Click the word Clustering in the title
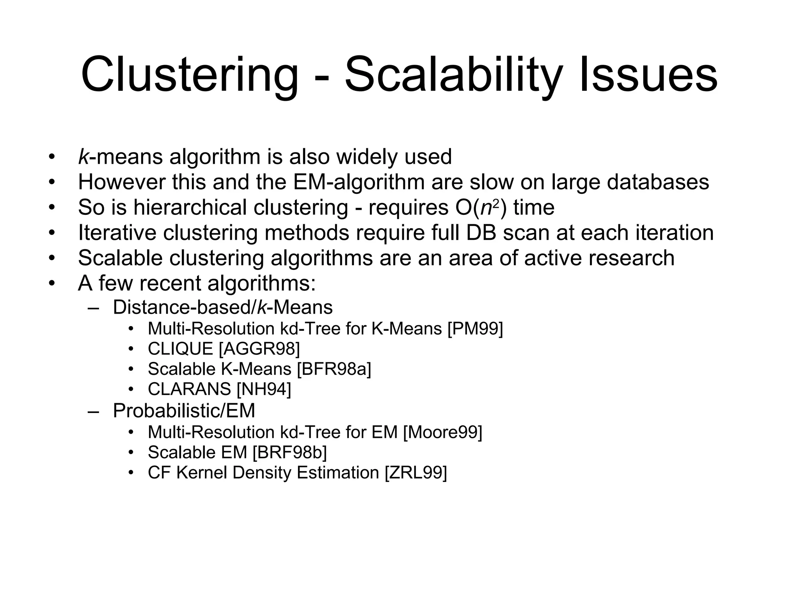pyautogui.click(x=190, y=75)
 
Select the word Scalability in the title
pyautogui.click(x=453, y=75)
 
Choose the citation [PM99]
pyautogui.click(x=475, y=328)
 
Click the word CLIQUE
pyautogui.click(x=180, y=349)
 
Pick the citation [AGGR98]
pyautogui.click(x=259, y=349)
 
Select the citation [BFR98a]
pyautogui.click(x=334, y=369)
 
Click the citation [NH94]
pyautogui.click(x=264, y=389)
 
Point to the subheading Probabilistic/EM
pyautogui.click(x=184, y=411)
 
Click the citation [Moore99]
pyautogui.click(x=442, y=432)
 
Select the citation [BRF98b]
pyautogui.click(x=289, y=452)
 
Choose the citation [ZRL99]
pyautogui.click(x=415, y=473)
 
